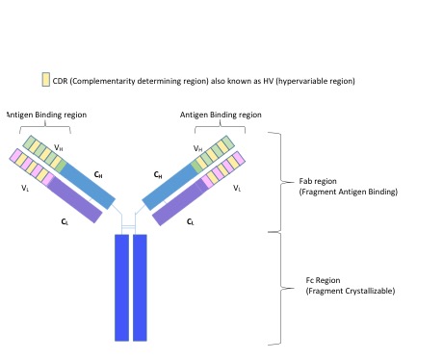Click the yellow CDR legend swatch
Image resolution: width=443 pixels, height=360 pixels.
tap(45, 79)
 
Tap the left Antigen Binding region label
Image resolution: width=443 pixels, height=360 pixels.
tap(46, 115)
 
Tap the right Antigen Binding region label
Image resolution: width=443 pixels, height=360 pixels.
tap(221, 115)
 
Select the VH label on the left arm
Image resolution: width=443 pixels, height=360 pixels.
tap(59, 147)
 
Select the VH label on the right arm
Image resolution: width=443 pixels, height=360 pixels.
tap(198, 148)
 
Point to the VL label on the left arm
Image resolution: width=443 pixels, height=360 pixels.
tap(25, 188)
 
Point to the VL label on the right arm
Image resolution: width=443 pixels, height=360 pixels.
tap(237, 188)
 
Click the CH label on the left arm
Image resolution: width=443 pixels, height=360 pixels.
tap(98, 174)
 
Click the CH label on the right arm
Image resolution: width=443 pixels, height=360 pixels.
tap(158, 175)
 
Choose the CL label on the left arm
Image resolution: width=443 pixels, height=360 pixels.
tap(65, 221)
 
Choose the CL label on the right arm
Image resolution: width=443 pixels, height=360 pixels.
tap(191, 221)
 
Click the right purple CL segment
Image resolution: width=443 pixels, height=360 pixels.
tap(178, 202)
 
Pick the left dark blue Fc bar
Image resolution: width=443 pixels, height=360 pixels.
tap(121, 288)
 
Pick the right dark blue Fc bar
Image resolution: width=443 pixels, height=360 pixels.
tap(140, 288)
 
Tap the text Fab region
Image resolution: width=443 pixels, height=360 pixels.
tap(318, 181)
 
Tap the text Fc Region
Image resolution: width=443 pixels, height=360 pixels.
tap(323, 280)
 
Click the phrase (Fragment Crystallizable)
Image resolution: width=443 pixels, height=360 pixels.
tap(351, 291)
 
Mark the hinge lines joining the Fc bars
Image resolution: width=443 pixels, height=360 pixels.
tap(128, 227)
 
